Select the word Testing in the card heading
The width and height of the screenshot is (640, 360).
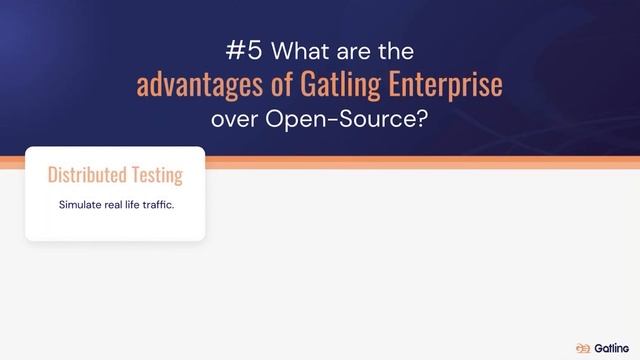pyautogui.click(x=153, y=177)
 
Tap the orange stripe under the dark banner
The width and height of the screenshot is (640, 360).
pyautogui.click(x=420, y=163)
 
